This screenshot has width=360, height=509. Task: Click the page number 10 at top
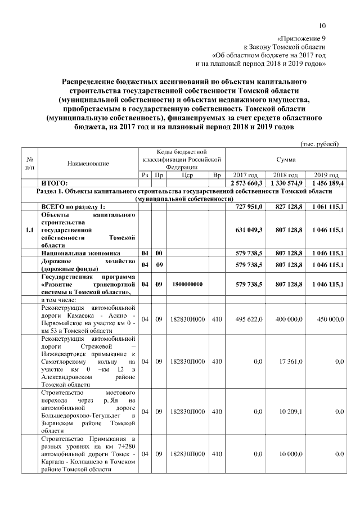click(x=322, y=25)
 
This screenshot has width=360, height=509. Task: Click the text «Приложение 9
click(x=300, y=38)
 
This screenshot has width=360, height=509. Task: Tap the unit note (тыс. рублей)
click(x=320, y=145)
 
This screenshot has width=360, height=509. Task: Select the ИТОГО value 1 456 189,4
click(x=325, y=183)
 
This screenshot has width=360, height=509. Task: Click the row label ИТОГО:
click(x=55, y=183)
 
